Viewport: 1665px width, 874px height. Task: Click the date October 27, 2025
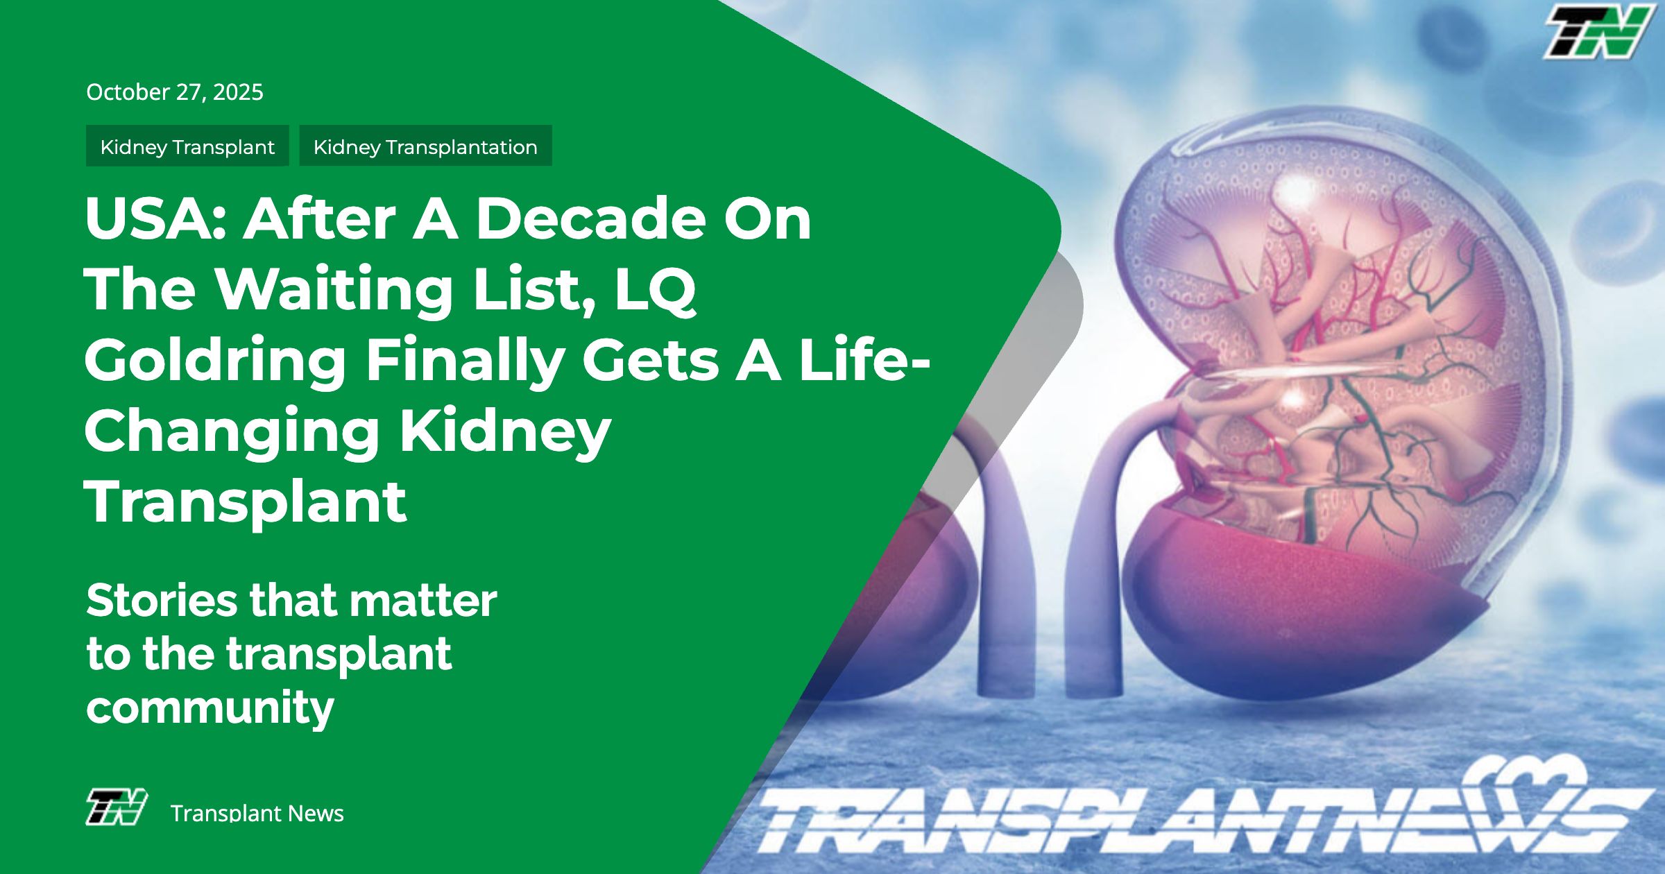(175, 92)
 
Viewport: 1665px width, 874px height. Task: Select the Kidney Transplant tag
(187, 146)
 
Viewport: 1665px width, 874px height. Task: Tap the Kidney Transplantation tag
(425, 146)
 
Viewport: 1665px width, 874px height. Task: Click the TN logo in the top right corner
(1598, 31)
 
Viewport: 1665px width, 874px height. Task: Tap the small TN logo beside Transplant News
(117, 807)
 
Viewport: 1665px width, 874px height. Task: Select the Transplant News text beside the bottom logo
(257, 813)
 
